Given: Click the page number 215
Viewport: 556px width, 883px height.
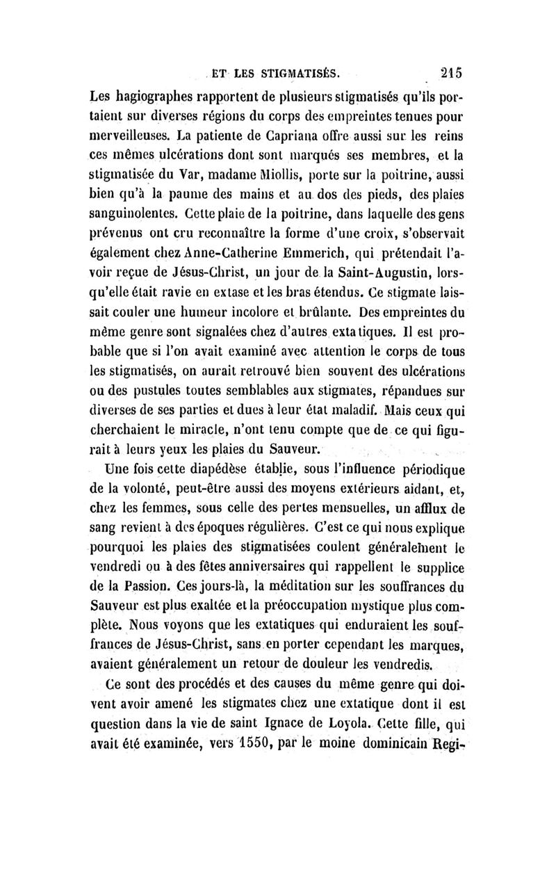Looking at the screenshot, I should tap(450, 71).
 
